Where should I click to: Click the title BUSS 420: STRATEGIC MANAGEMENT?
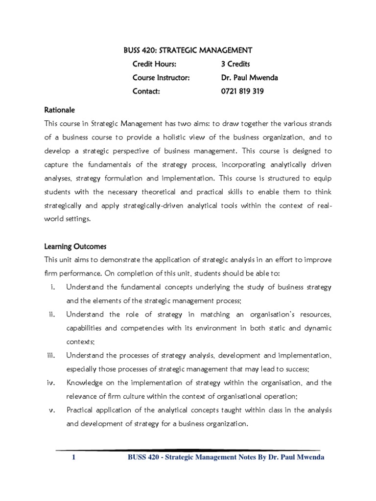click(188, 50)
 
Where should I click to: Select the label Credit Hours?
click(154, 64)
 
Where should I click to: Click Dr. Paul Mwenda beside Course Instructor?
click(250, 77)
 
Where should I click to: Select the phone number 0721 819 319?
click(242, 91)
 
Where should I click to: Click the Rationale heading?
click(59, 110)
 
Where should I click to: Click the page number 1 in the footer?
click(73, 458)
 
